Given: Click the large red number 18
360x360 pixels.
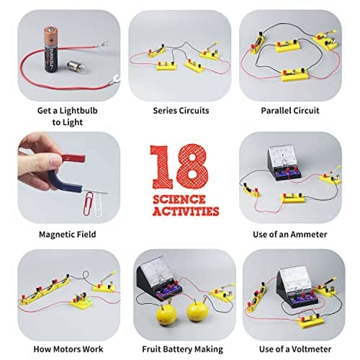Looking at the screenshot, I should click(179, 167).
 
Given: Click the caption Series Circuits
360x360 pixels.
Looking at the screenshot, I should click(180, 111).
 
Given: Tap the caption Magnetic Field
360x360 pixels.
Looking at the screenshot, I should click(67, 234).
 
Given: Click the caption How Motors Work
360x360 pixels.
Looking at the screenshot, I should click(67, 351).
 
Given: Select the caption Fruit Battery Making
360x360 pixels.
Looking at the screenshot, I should click(180, 351).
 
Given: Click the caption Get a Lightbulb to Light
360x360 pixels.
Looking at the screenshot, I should click(67, 116).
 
